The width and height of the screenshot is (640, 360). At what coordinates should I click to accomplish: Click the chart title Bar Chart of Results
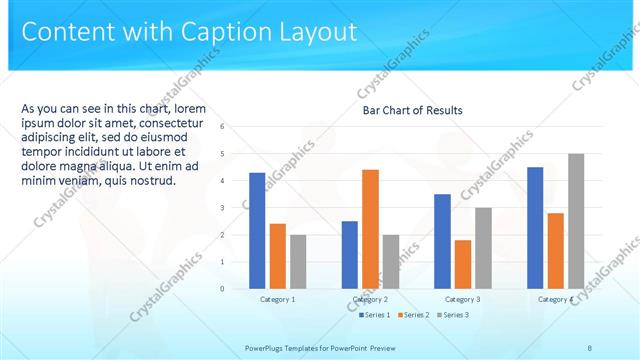point(412,111)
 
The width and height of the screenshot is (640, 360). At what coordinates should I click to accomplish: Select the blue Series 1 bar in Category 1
point(257,230)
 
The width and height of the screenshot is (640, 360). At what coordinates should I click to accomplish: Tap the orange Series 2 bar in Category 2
point(370,229)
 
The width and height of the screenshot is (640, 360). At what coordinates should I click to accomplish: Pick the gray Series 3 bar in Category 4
point(576,221)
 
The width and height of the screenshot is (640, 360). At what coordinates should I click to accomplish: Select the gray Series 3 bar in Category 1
point(299,261)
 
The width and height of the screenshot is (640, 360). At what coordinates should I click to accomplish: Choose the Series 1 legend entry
point(375,315)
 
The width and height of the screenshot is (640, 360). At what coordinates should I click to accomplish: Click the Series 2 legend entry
point(415,315)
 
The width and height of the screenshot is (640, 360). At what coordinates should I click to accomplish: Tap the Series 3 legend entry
point(453,315)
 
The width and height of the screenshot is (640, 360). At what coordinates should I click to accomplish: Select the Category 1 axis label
point(277,299)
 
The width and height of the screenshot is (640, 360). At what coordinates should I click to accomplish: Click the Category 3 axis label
point(462,299)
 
